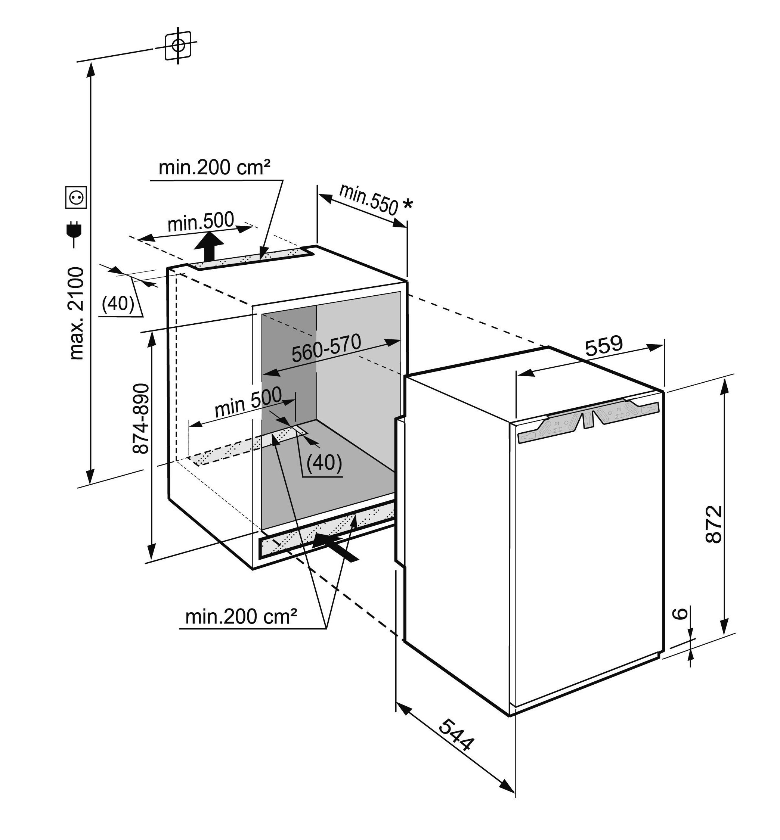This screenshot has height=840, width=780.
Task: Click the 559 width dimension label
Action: [604, 345]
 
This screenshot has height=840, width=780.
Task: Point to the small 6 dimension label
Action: [679, 613]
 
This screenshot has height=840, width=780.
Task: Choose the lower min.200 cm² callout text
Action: [241, 617]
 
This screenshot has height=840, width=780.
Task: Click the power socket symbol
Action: [76, 197]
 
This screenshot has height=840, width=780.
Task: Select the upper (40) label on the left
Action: [118, 303]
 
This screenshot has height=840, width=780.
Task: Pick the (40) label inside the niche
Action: [324, 463]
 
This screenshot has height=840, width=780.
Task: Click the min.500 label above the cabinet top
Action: [201, 222]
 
